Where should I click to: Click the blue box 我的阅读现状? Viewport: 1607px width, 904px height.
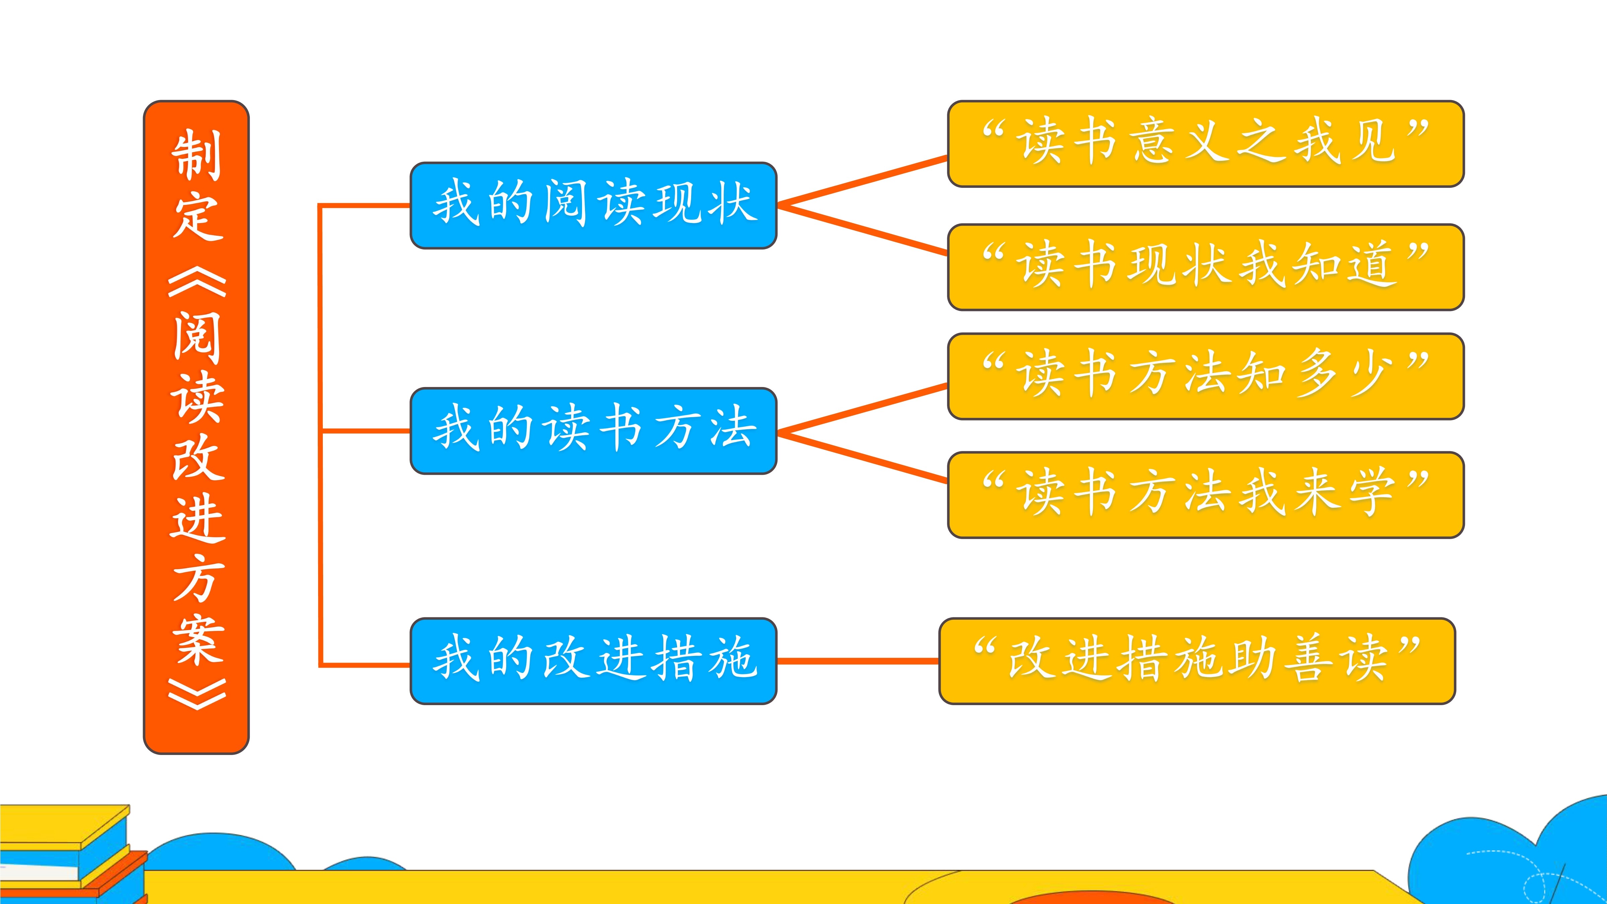click(593, 205)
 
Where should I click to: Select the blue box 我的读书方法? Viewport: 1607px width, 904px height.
click(593, 431)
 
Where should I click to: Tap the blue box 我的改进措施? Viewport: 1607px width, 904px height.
click(593, 661)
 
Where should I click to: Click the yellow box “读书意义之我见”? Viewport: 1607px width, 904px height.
click(1205, 144)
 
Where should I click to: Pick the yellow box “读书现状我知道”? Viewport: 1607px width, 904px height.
click(1205, 267)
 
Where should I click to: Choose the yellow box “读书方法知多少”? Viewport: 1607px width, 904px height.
click(1205, 376)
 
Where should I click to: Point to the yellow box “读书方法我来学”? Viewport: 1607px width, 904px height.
click(1205, 495)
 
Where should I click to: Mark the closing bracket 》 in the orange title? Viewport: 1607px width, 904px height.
click(197, 694)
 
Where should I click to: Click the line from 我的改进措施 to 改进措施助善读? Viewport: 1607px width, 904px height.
click(858, 661)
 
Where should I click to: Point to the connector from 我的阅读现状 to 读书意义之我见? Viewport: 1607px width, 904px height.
click(863, 181)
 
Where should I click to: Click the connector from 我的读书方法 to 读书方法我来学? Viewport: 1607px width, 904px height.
click(863, 457)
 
